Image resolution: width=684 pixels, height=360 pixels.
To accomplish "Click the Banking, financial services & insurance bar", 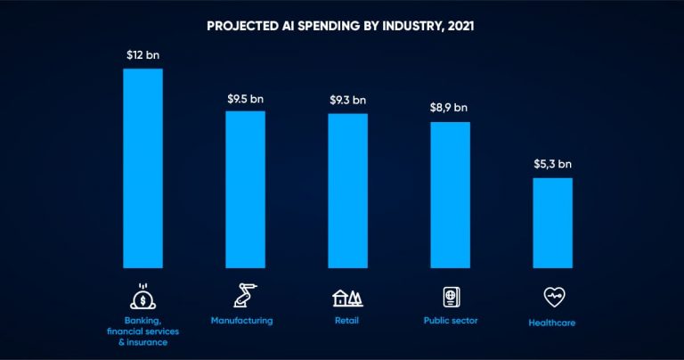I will point(142,168).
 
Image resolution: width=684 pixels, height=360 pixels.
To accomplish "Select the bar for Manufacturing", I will point(245,189).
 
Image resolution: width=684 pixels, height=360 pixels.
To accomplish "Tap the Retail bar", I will point(347,190).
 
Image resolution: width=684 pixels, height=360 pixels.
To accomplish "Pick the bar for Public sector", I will point(450,194).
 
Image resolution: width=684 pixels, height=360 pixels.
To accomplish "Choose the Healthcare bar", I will point(553,222).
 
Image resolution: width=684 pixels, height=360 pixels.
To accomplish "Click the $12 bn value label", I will point(142,54).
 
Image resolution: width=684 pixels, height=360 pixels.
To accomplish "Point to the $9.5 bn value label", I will point(245,97).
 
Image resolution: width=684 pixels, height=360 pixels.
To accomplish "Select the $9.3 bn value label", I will point(347,100).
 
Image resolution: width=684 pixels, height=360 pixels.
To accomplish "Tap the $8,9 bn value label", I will point(450,108).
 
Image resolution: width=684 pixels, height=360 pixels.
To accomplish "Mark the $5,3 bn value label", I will point(553,164).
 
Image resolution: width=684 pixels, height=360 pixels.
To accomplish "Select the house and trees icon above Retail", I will point(347,298).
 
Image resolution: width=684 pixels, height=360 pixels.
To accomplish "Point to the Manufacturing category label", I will point(242,320).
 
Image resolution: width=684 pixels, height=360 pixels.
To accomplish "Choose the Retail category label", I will point(346,320).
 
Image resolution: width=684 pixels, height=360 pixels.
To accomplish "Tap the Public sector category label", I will point(451,320).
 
